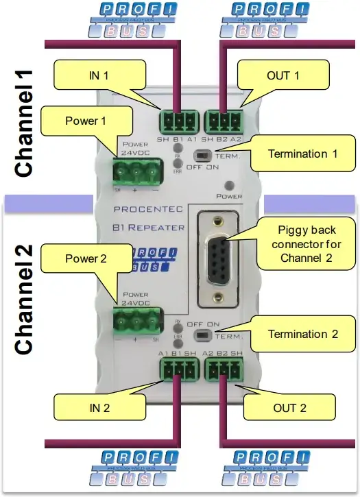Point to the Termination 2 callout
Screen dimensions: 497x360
pos(302,334)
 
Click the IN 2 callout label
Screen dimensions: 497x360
pos(100,409)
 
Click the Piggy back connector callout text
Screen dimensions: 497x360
pos(297,243)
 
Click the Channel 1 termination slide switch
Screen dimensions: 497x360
pos(203,155)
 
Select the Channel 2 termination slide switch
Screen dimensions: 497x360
pos(203,335)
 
